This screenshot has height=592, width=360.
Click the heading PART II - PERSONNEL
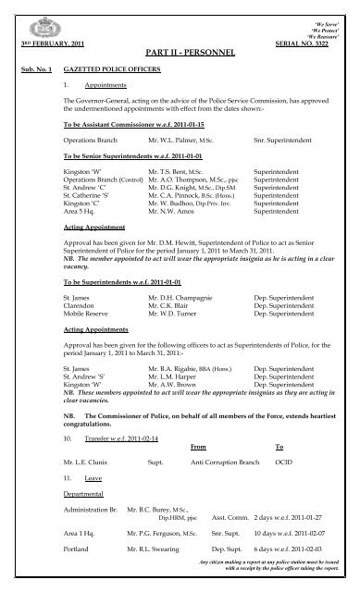tap(179, 55)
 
